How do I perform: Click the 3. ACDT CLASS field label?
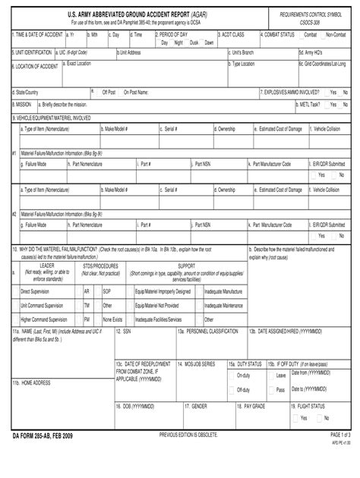[235, 35]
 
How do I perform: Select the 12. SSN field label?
[123, 332]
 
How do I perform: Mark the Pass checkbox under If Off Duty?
[272, 390]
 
